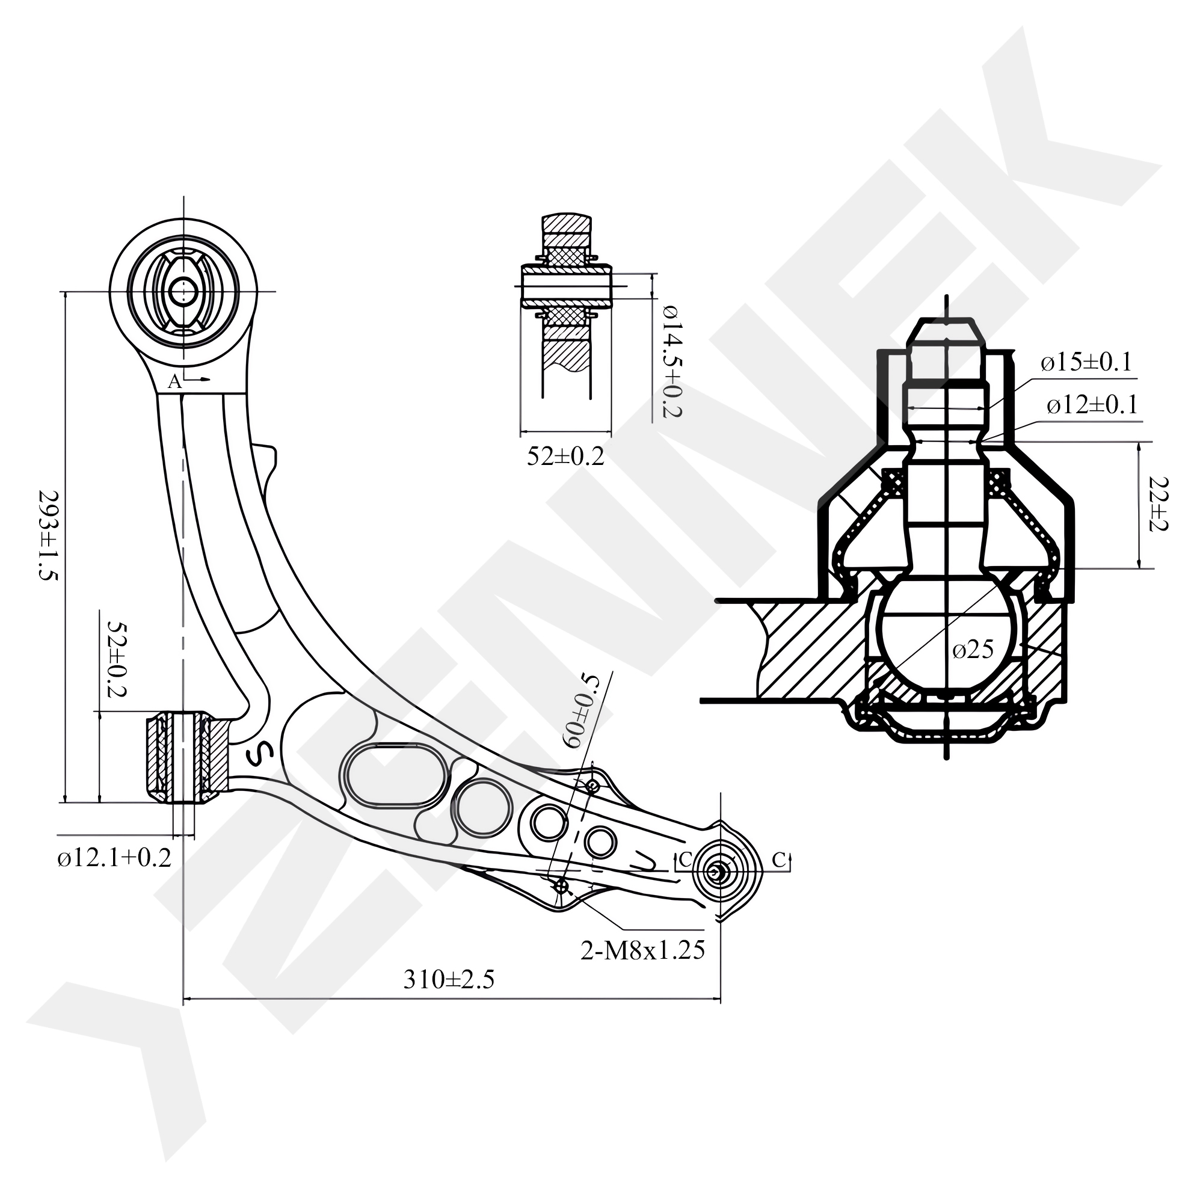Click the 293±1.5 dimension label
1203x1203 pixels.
coord(48,535)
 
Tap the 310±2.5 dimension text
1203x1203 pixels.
coord(448,979)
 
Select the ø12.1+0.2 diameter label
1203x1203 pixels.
coord(114,858)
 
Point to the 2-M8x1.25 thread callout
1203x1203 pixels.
coord(642,950)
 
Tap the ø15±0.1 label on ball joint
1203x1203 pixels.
coord(1085,362)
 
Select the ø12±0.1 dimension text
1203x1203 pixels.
coord(1092,405)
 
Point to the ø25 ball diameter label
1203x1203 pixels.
coord(973,650)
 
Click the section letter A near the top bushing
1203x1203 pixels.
coord(175,382)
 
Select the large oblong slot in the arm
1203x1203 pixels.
coord(394,776)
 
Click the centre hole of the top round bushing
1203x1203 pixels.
coord(183,291)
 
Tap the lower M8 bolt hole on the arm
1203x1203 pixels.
coord(562,885)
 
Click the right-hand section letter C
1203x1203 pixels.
coord(778,860)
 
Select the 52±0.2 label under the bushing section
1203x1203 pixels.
coord(565,457)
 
